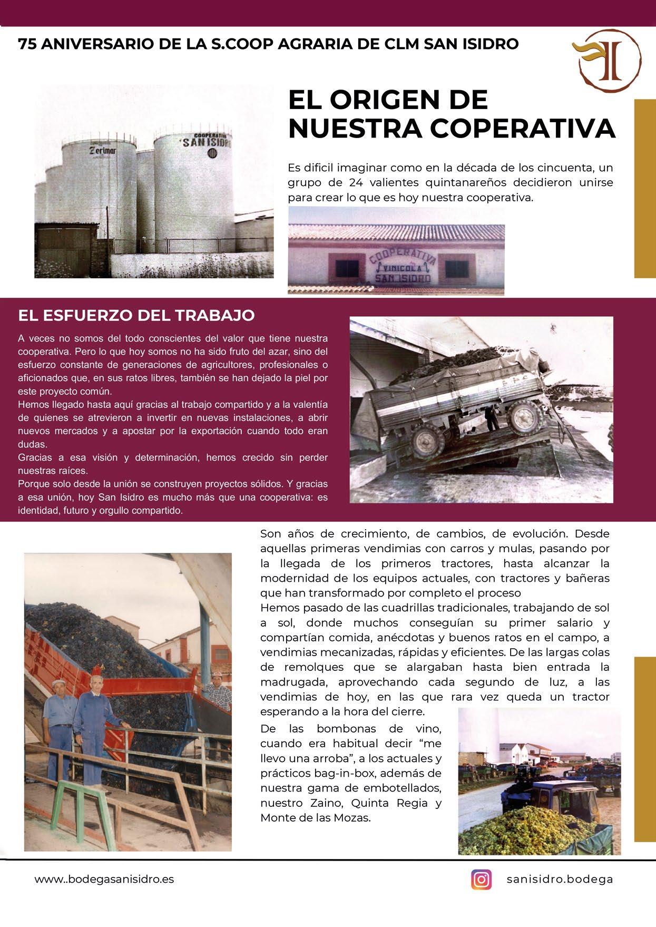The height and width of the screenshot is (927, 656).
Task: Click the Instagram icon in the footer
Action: tap(481, 880)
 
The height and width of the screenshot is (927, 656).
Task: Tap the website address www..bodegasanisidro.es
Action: tap(104, 880)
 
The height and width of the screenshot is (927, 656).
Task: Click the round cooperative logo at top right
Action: tap(610, 59)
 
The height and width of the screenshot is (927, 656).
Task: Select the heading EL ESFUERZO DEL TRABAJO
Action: tap(136, 315)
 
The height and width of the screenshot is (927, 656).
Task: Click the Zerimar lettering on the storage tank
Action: tap(103, 151)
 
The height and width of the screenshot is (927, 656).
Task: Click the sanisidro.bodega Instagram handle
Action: tap(560, 880)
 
